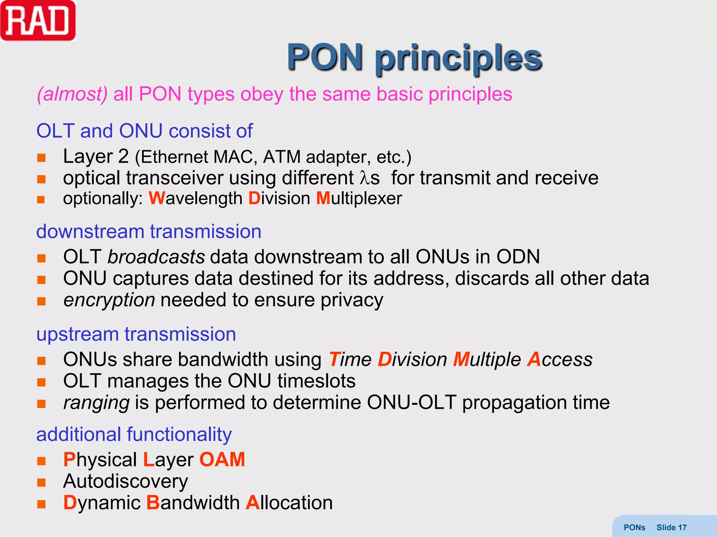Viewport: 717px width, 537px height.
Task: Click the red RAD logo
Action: (38, 21)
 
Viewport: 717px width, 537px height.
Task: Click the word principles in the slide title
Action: (459, 58)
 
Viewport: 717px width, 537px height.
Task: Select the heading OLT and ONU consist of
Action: (144, 131)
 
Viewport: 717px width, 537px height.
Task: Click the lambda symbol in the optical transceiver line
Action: (365, 178)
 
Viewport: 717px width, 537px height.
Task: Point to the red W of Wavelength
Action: (156, 198)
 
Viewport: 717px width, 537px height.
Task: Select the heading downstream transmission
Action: (149, 231)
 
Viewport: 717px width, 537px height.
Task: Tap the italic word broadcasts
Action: (156, 257)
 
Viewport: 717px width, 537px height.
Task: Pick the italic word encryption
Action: (109, 300)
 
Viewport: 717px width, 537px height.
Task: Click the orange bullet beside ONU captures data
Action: (41, 280)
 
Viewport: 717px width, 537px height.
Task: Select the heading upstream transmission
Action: (136, 334)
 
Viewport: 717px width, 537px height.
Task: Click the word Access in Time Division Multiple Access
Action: (559, 359)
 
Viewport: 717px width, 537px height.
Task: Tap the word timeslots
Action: (316, 381)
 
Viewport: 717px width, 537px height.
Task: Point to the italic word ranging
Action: (96, 403)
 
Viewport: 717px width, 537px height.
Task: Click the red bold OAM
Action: (222, 459)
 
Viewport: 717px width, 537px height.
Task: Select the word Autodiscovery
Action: (125, 481)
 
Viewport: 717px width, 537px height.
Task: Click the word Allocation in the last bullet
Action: (289, 503)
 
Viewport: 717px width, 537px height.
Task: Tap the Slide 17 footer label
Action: (671, 527)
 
